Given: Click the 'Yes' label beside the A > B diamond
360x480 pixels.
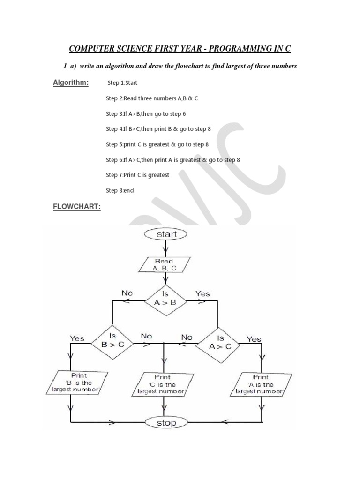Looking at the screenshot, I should point(202,293).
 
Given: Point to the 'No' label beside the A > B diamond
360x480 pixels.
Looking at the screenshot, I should point(127,293).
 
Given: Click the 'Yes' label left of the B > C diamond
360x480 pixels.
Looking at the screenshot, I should point(77,338).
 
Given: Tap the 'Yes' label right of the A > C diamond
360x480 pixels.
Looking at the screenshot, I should point(254,339).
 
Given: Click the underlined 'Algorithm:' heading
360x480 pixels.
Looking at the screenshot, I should point(70,83).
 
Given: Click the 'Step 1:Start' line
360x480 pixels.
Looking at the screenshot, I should point(122,83).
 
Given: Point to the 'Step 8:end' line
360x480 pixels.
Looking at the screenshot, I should point(120,190).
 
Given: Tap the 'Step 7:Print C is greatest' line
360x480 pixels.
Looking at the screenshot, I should point(137,175).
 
